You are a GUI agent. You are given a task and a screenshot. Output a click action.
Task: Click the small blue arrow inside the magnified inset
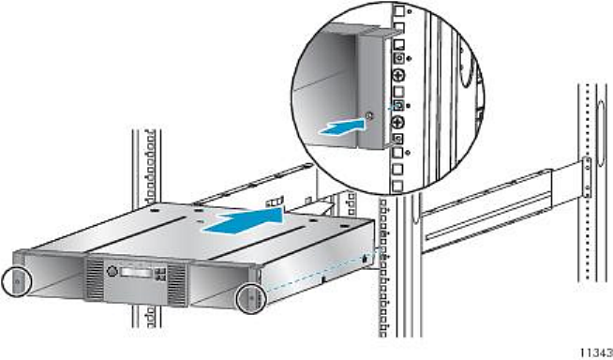[x=342, y=127]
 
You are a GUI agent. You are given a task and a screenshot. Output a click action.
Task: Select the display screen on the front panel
[x=136, y=273]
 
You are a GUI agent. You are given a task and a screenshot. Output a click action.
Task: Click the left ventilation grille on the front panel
[x=95, y=279]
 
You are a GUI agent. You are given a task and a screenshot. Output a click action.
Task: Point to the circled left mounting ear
[x=16, y=281]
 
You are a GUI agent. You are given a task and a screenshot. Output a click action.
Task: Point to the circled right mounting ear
[x=251, y=299]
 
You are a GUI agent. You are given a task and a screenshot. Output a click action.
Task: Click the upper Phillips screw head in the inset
[x=398, y=75]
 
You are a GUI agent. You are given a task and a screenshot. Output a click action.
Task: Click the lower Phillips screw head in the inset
[x=398, y=122]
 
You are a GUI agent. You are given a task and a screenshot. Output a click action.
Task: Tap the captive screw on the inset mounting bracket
[x=369, y=115]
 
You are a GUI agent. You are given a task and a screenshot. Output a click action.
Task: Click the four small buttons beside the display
[x=159, y=274]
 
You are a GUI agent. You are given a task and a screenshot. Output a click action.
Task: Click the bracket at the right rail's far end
[x=587, y=177]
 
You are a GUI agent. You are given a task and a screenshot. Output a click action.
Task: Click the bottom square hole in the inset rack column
[x=397, y=186]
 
